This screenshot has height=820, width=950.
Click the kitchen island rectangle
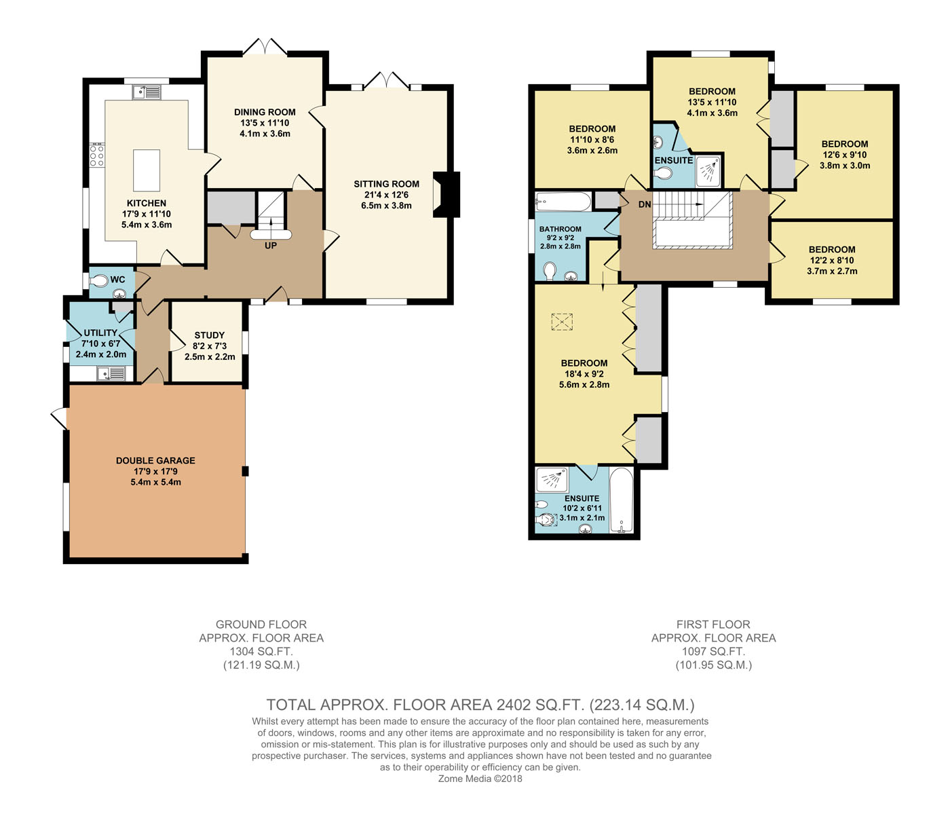click(x=147, y=170)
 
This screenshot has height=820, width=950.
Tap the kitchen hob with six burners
click(x=97, y=155)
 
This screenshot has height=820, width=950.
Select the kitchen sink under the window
click(x=147, y=92)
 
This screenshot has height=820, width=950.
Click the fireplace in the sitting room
click(x=446, y=195)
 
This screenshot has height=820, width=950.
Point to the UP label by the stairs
click(x=271, y=246)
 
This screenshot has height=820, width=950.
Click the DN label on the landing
click(x=645, y=204)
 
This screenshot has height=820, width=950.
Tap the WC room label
click(x=117, y=280)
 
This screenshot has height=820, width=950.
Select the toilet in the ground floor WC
click(x=98, y=280)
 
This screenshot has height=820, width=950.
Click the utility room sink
click(x=111, y=373)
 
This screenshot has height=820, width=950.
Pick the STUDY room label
click(x=210, y=335)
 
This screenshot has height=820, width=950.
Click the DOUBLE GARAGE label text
click(x=155, y=460)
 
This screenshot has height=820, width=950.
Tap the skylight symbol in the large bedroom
click(x=562, y=322)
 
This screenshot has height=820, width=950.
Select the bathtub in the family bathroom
click(x=563, y=202)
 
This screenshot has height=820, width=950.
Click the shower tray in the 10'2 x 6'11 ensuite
click(x=552, y=480)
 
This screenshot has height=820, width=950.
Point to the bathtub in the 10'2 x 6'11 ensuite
click(x=622, y=500)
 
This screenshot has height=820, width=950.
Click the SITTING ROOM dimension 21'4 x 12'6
click(x=387, y=195)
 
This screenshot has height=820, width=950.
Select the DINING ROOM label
click(x=265, y=112)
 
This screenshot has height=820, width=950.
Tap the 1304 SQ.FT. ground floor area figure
click(x=261, y=651)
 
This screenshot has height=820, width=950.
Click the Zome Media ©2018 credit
click(x=480, y=779)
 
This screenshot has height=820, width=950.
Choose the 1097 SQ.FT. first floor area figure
click(x=713, y=651)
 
